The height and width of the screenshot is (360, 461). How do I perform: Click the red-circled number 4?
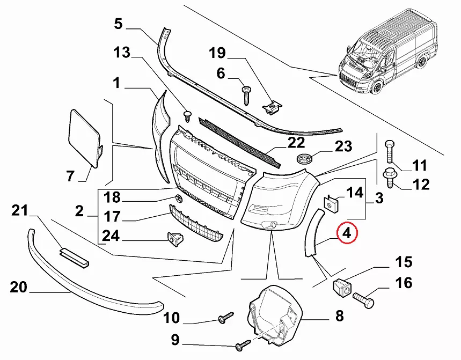click(x=346, y=233)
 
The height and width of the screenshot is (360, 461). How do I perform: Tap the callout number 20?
click(x=18, y=288)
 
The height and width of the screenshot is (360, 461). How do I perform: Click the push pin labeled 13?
click(x=188, y=115)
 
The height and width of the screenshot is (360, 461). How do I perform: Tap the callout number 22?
click(x=296, y=143)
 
